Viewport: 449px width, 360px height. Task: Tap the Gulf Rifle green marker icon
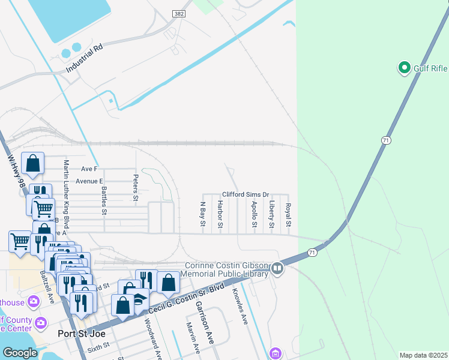click(404, 68)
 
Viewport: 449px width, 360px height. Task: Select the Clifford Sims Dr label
click(246, 195)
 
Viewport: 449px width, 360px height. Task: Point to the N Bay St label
click(203, 214)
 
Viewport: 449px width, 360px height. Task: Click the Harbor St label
click(220, 215)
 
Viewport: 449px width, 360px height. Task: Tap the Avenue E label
click(89, 181)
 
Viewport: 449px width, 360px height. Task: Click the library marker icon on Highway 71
click(277, 268)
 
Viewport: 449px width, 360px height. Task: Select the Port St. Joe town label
click(77, 333)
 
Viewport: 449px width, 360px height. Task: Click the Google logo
click(20, 353)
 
